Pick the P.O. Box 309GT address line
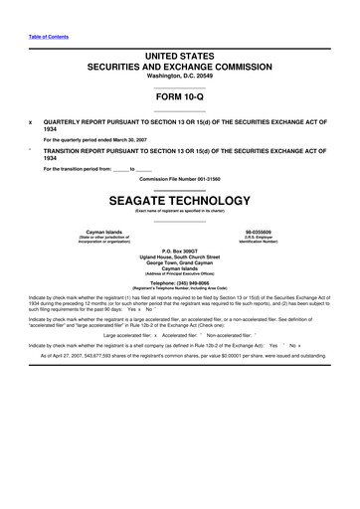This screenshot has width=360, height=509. tap(179, 249)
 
